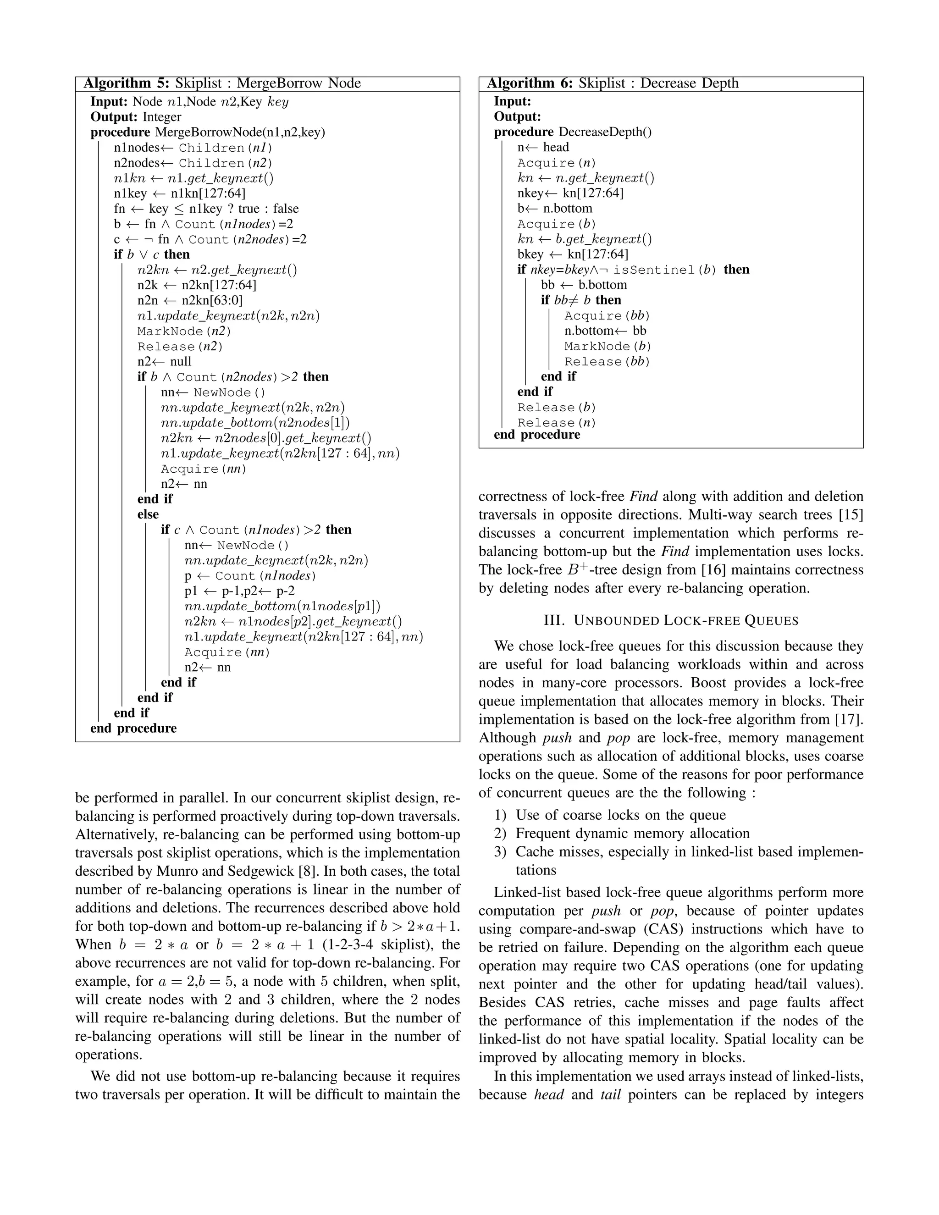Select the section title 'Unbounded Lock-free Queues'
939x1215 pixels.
[671, 620]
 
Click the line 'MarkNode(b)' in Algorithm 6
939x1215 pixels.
[608, 346]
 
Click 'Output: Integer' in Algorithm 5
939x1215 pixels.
[136, 117]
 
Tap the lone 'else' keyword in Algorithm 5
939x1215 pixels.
[148, 514]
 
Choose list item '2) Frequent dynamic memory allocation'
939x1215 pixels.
[622, 834]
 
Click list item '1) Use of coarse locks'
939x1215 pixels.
[610, 815]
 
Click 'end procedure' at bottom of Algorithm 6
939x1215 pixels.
[537, 435]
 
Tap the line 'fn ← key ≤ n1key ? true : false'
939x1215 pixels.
[206, 209]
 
